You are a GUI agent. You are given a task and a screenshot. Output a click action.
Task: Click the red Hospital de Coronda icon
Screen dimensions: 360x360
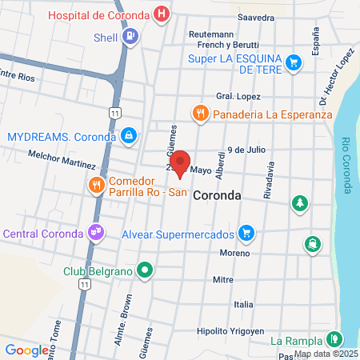tap(162, 14)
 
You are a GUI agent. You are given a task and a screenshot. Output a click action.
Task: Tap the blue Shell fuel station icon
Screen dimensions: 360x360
tap(130, 36)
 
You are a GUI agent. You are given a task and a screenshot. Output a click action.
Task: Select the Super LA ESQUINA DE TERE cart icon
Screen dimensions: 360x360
tap(294, 61)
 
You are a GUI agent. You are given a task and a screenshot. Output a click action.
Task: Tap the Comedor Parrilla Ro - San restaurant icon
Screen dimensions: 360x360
tap(97, 185)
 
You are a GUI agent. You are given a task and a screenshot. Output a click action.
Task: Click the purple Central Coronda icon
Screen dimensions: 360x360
tap(96, 233)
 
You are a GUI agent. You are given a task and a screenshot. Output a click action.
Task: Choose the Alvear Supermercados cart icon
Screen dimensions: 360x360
tap(247, 234)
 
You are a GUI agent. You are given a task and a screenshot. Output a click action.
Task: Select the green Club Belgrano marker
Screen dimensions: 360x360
tap(144, 270)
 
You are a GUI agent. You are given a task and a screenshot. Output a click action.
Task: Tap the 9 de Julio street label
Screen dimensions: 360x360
tap(246, 149)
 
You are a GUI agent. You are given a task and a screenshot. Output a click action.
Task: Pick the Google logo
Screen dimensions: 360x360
tap(26, 350)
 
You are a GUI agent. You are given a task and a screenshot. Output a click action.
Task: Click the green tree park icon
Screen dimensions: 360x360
tap(300, 203)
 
